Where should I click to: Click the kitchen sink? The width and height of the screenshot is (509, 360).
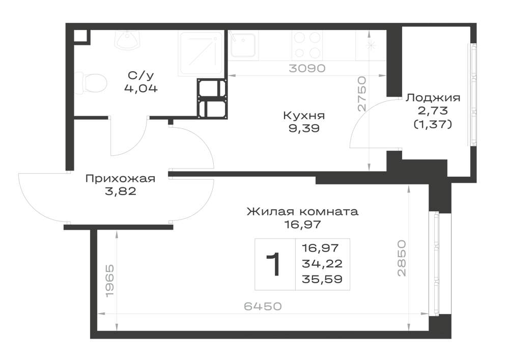pos(243,45)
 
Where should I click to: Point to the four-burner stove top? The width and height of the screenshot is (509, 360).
pos(307,45)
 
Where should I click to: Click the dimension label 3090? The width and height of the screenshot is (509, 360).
pos(307,68)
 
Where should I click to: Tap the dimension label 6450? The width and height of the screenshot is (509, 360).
pos(263,306)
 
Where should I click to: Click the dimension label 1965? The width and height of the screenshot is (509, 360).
pos(110,281)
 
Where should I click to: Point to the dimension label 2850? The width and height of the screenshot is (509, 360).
pos(402,258)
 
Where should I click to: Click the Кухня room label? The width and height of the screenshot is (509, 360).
pos(304,116)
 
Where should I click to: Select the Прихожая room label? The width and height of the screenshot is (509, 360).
pos(121,179)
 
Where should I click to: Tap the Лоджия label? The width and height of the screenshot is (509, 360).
pos(433,98)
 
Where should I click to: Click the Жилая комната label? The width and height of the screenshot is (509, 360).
pos(302,212)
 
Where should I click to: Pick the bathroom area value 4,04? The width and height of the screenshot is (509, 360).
pos(141,88)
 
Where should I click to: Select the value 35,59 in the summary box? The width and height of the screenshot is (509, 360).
pos(322,279)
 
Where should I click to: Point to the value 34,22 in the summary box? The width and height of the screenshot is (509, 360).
pos(322,264)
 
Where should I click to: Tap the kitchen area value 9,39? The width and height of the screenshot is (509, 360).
pos(304,128)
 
